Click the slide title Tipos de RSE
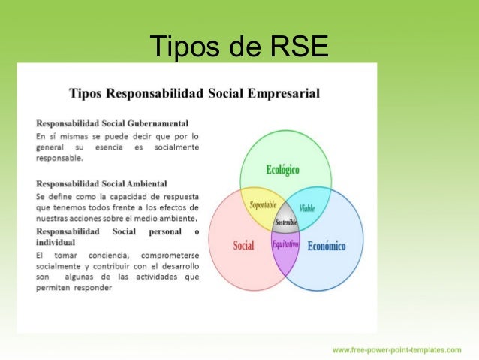tap(239, 47)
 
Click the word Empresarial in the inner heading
tap(279, 94)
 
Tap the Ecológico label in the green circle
tap(282, 170)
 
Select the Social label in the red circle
tap(243, 245)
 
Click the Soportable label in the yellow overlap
tap(263, 204)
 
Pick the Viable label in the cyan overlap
tap(307, 207)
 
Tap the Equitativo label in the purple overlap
tap(285, 244)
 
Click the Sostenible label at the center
tap(286, 222)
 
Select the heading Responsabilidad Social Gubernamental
tap(112, 123)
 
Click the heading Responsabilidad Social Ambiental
tap(101, 183)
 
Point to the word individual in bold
tap(56, 243)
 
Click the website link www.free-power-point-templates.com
tap(397, 349)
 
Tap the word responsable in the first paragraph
tap(59, 159)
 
